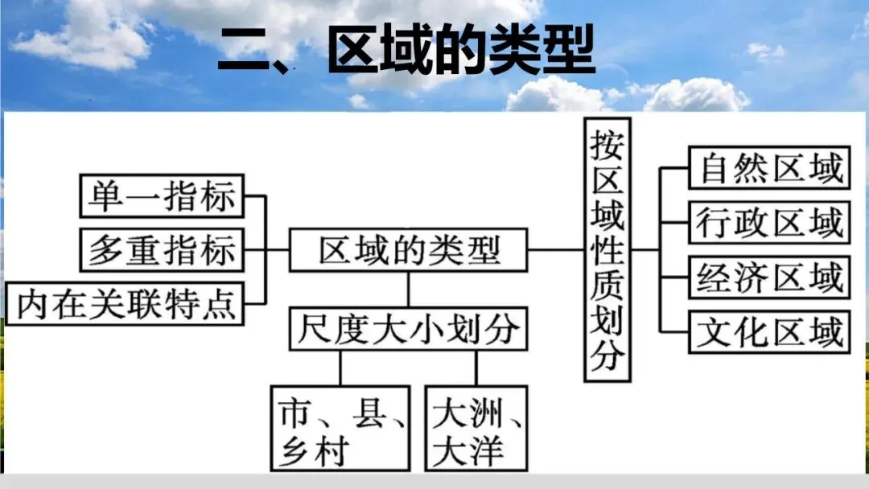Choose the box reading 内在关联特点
(x=127, y=304)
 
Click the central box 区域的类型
(x=409, y=250)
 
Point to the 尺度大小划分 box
(x=409, y=328)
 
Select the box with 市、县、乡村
(x=340, y=428)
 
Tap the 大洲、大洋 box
(x=477, y=428)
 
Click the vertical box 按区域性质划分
(x=607, y=249)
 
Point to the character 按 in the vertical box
(x=607, y=146)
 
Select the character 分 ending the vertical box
(x=607, y=355)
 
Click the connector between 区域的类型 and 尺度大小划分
(x=409, y=289)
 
